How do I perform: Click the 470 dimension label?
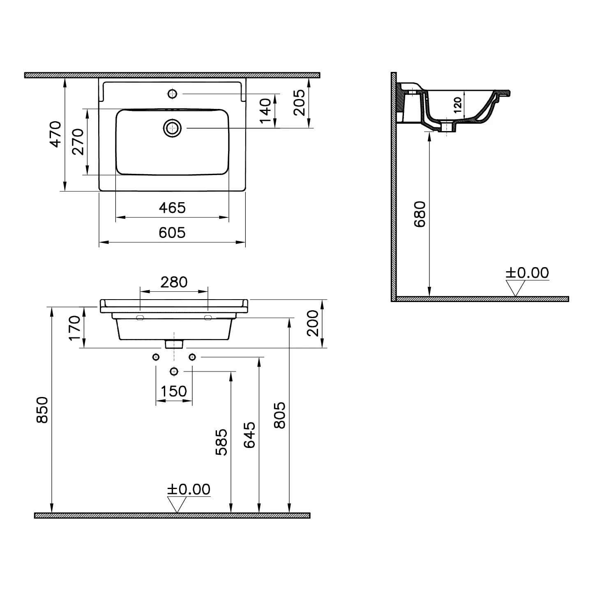click(55, 134)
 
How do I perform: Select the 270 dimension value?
click(78, 141)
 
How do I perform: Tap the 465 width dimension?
click(172, 208)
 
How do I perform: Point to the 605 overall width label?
click(172, 233)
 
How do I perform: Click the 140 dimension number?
click(265, 111)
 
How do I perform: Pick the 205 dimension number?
click(299, 102)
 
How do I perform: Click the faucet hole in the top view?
click(172, 94)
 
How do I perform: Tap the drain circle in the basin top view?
click(172, 128)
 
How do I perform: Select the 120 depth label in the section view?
click(458, 105)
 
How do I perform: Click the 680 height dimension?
click(420, 214)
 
